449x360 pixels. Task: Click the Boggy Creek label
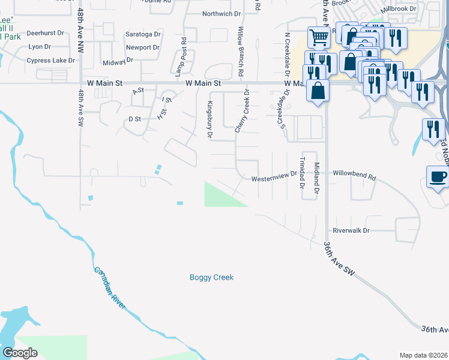click(x=211, y=277)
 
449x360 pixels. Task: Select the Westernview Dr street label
click(x=274, y=178)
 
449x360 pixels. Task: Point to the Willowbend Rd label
click(x=354, y=178)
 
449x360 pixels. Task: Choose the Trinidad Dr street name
click(x=303, y=171)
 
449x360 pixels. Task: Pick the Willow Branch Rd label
click(x=241, y=52)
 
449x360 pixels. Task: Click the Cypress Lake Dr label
click(x=50, y=61)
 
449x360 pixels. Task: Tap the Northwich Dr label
click(x=221, y=14)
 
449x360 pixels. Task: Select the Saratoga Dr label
click(x=143, y=34)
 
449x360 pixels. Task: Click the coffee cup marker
click(x=438, y=176)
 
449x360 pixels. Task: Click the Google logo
click(x=20, y=353)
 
